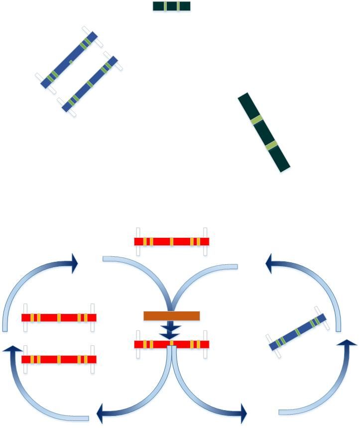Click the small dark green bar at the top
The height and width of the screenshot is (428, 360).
click(171, 6)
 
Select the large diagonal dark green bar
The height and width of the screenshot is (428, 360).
click(263, 132)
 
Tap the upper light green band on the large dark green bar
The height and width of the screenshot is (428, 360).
click(256, 119)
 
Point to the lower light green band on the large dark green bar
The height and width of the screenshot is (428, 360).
click(271, 146)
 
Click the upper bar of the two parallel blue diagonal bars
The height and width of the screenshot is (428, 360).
click(70, 59)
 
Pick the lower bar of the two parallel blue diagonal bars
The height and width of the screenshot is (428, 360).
click(90, 83)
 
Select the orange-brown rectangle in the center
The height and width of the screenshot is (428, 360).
click(171, 316)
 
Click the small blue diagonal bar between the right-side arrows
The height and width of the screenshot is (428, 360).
click(298, 332)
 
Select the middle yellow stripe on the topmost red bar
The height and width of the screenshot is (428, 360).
click(172, 241)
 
